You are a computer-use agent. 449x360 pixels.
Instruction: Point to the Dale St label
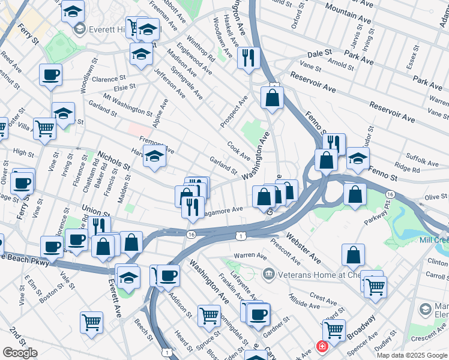click(x=320, y=53)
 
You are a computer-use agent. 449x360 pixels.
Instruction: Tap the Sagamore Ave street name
click(x=222, y=211)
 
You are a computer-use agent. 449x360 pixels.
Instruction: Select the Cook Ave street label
click(x=238, y=151)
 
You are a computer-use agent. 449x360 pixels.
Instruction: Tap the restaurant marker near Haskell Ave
click(x=248, y=58)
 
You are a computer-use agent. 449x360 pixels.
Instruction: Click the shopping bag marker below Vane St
click(x=272, y=98)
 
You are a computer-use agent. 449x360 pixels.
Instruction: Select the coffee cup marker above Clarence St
click(x=51, y=75)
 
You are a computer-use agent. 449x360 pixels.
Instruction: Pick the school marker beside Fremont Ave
click(x=155, y=158)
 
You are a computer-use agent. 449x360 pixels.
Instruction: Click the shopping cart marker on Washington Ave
click(x=209, y=314)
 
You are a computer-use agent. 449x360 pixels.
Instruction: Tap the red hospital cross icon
click(x=322, y=347)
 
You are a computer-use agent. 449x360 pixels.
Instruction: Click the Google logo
click(x=20, y=353)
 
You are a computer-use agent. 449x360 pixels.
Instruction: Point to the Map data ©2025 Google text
click(x=412, y=355)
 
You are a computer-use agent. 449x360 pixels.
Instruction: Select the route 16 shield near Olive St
click(x=390, y=194)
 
